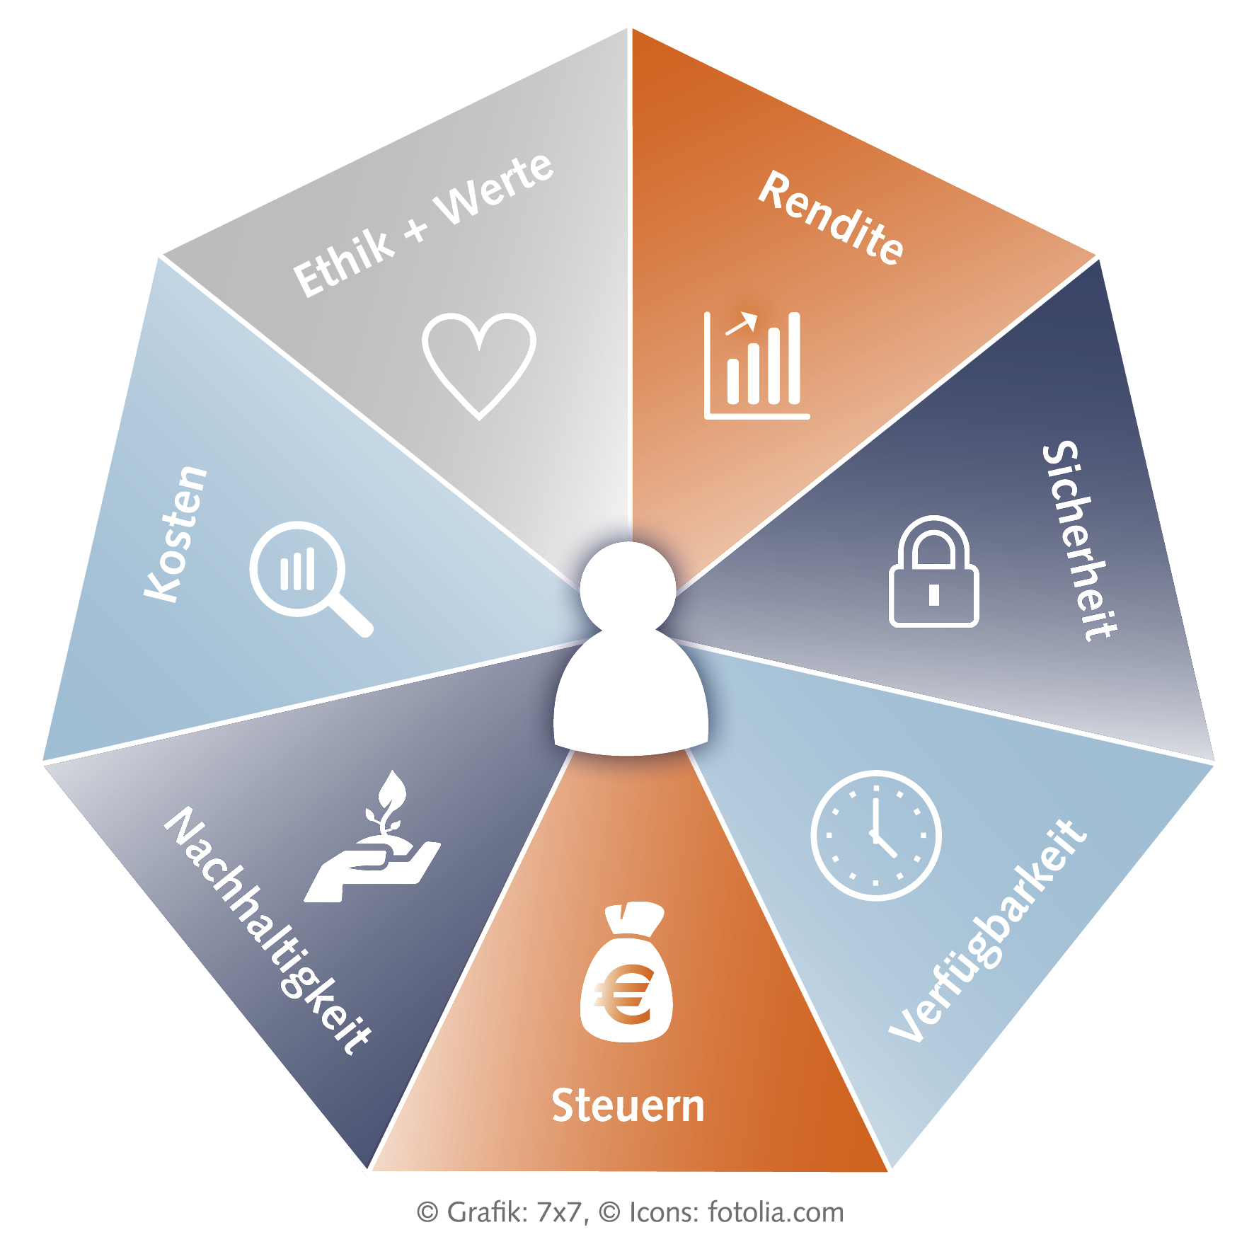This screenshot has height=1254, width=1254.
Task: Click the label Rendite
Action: point(831,218)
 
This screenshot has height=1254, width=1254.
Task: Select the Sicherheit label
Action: point(1078,541)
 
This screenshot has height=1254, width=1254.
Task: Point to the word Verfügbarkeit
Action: point(988,930)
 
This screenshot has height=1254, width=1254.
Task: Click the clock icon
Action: point(876,836)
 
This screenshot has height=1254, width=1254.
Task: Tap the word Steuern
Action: point(628,1106)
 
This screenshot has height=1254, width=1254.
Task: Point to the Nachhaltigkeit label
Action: point(268,930)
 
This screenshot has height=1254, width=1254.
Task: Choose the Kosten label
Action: point(176,534)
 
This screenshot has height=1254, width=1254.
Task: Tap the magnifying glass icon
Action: point(309,577)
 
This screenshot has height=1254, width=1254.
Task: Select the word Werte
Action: point(495,189)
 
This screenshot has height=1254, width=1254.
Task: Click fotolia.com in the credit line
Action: point(776,1212)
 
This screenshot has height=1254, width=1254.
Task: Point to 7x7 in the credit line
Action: point(560,1212)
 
